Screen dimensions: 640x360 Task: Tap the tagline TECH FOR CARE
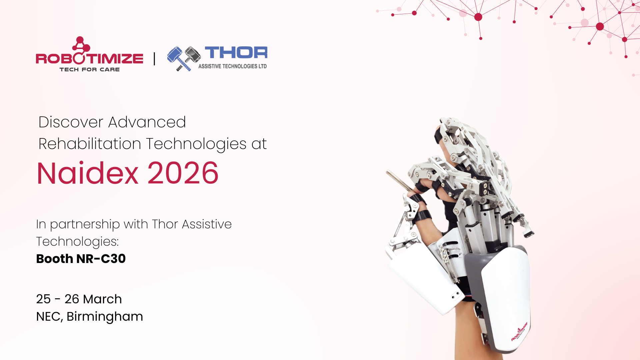[x=90, y=69]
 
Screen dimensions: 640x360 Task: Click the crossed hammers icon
[x=184, y=59]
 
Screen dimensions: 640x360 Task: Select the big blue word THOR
[x=236, y=53]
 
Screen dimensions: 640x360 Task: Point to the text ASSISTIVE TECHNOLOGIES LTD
[x=233, y=66]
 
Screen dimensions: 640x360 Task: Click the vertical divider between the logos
[x=154, y=59]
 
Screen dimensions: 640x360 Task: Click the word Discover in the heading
[x=71, y=122]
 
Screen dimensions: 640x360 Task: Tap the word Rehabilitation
[x=90, y=144]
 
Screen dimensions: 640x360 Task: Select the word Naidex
[x=87, y=173]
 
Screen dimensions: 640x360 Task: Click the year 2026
[x=183, y=173]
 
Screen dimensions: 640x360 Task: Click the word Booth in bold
[x=54, y=259]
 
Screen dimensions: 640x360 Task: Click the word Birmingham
[x=105, y=317]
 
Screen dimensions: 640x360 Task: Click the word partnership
[x=85, y=224]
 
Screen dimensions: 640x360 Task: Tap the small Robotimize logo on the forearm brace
[x=519, y=331]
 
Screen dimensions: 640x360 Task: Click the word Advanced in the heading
[x=147, y=122]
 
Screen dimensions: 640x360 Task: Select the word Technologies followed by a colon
[x=77, y=242]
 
